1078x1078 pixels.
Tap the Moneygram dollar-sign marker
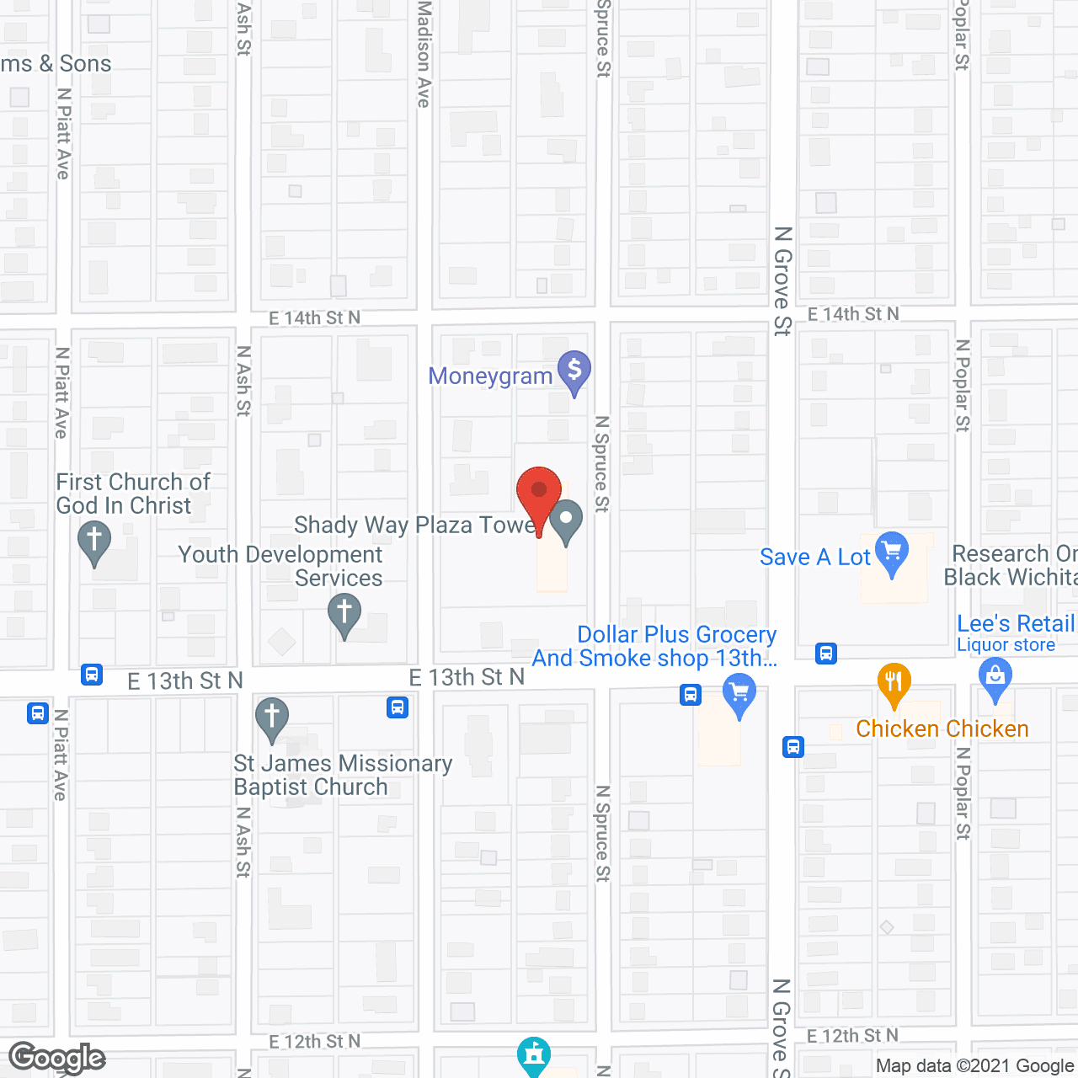pyautogui.click(x=574, y=371)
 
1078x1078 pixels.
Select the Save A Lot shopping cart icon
pyautogui.click(x=892, y=552)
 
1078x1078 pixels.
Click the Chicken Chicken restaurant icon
pyautogui.click(x=894, y=683)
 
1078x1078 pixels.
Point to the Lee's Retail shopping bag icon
pyautogui.click(x=995, y=678)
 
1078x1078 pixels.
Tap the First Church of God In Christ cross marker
pyautogui.click(x=94, y=541)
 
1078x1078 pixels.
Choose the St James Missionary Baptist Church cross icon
pyautogui.click(x=272, y=718)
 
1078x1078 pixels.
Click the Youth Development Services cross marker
pyautogui.click(x=344, y=613)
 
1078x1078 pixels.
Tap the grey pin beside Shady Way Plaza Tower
pyautogui.click(x=566, y=520)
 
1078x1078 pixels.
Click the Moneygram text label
pyautogui.click(x=490, y=376)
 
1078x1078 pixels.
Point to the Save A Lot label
pyautogui.click(x=814, y=557)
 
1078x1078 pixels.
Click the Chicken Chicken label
pyautogui.click(x=942, y=728)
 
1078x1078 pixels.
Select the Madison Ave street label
pyautogui.click(x=424, y=54)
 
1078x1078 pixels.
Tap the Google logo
pyautogui.click(x=57, y=1058)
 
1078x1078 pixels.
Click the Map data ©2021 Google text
pyautogui.click(x=975, y=1065)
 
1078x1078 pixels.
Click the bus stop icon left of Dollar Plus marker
pyautogui.click(x=691, y=695)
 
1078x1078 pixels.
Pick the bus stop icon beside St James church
pyautogui.click(x=398, y=707)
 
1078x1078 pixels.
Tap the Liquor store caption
pyautogui.click(x=1006, y=645)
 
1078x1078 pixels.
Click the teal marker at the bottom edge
pyautogui.click(x=534, y=1055)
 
